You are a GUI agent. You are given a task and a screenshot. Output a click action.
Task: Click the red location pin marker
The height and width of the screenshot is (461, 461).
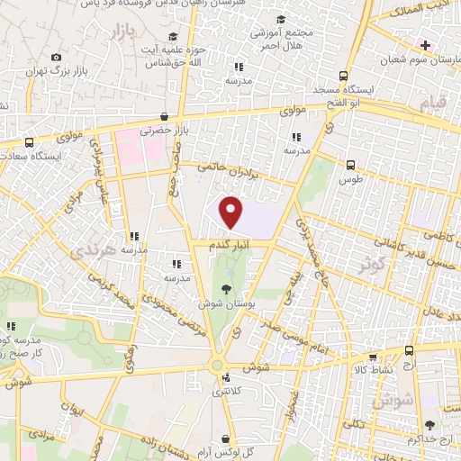tap(232, 212)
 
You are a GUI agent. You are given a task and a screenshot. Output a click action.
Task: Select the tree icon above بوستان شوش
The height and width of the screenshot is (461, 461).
tap(224, 288)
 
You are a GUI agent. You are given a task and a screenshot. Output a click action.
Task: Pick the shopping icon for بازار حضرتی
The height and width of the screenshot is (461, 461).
tap(163, 116)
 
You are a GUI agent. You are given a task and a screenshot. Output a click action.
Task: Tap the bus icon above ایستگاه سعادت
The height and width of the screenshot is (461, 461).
tap(31, 141)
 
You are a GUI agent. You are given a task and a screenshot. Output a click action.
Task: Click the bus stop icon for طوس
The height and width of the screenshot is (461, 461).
tap(351, 165)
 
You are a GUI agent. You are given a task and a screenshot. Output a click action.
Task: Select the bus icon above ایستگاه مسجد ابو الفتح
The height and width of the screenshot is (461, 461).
tap(342, 76)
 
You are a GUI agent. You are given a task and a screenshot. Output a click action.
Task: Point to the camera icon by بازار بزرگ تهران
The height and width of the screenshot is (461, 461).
tap(57, 57)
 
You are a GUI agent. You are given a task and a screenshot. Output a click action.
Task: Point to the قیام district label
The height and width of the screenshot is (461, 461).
tap(433, 105)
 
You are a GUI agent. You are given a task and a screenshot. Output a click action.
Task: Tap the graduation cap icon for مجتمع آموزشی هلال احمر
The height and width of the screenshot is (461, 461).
tap(282, 19)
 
